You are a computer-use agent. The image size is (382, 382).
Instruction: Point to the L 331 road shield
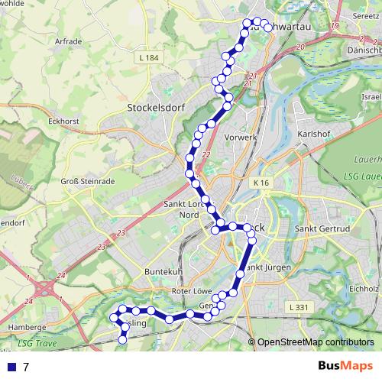[301, 306]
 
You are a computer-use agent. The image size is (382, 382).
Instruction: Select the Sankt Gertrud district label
[322, 228]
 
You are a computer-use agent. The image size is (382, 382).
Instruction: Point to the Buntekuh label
[161, 272]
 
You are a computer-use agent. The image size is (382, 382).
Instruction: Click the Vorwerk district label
[241, 138]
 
